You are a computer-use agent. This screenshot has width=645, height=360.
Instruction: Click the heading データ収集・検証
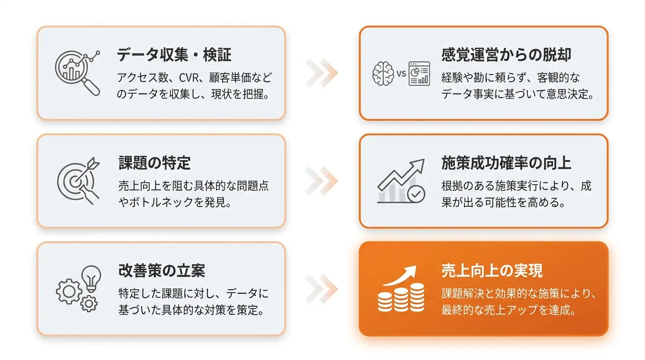coord(174,54)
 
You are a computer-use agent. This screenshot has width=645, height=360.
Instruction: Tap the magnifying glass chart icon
coord(78,73)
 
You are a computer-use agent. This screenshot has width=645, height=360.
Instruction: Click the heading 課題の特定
coord(154,163)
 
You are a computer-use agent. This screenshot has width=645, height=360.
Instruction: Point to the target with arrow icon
coord(78,181)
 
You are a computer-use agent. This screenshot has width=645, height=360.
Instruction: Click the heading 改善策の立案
coord(162,271)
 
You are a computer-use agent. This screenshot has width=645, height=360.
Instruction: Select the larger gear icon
coord(69,292)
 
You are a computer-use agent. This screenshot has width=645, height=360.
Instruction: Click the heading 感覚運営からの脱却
coord(506,54)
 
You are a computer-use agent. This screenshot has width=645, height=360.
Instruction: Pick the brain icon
coord(383,74)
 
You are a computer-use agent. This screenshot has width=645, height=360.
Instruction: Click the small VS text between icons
coord(401,74)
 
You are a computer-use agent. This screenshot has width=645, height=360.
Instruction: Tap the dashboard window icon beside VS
coord(419,74)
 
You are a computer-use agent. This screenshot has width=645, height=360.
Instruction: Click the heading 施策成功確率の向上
coord(506,163)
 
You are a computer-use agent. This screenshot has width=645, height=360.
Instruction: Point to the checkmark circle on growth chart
coord(416,194)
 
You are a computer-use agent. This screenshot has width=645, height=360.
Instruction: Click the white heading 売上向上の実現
coord(492,271)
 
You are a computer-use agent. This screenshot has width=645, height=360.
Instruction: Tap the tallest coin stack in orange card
coord(417,297)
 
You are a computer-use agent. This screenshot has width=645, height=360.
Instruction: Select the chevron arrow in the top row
coord(322,73)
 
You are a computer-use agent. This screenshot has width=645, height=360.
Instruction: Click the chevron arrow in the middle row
coord(322,181)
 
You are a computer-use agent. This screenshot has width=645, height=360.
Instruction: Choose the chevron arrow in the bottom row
coord(322,289)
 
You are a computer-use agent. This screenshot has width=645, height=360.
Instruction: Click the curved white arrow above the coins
coord(402,276)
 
